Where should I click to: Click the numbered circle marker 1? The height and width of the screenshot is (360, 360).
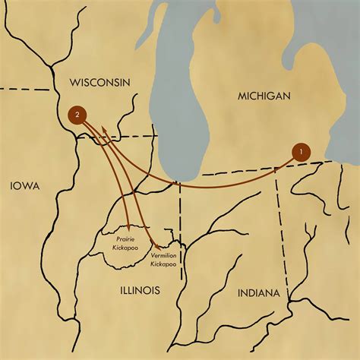tap(302, 151)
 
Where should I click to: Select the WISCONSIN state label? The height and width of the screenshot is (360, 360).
tap(99, 82)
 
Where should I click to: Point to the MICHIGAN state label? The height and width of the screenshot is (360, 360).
tap(263, 96)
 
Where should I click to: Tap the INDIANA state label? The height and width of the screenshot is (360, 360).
tap(257, 293)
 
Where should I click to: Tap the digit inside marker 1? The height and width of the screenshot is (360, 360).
tap(302, 151)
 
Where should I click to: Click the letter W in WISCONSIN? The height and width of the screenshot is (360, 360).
tap(72, 82)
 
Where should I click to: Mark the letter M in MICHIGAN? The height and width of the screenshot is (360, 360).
tap(240, 96)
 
